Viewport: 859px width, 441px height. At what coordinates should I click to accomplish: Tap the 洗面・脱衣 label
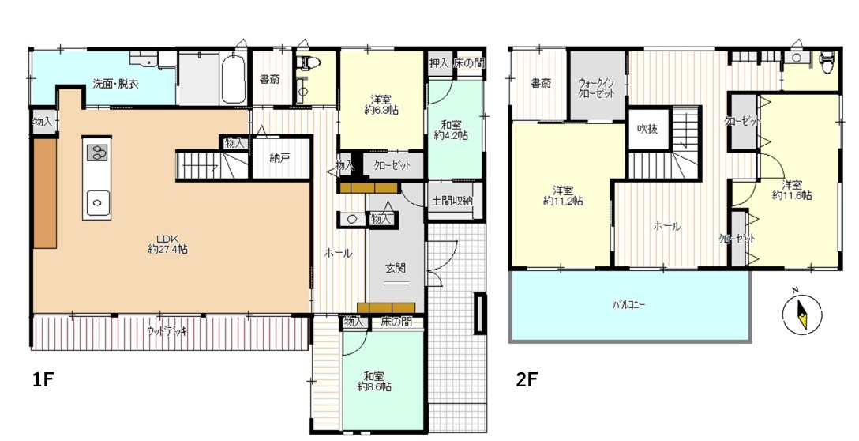click(x=115, y=84)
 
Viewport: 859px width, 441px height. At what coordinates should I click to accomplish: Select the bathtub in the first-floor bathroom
click(x=234, y=78)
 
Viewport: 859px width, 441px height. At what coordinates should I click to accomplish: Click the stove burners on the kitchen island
click(x=97, y=153)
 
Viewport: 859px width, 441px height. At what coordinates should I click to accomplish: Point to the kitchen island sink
click(x=97, y=203)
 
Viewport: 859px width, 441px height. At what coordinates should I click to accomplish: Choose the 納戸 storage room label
click(x=279, y=158)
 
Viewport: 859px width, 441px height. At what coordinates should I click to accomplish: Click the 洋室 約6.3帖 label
click(x=381, y=104)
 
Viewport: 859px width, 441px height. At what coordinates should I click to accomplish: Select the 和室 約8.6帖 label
click(x=374, y=381)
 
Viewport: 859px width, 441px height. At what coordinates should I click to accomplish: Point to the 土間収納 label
click(x=452, y=202)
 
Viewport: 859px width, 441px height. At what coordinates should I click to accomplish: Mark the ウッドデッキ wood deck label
click(x=167, y=330)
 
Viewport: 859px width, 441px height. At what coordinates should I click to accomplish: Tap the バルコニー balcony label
click(x=629, y=304)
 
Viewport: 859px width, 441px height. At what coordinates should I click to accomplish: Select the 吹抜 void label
click(x=647, y=129)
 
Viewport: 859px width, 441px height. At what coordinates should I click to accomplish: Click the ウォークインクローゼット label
click(x=597, y=88)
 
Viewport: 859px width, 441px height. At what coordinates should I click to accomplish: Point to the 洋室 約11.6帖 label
click(x=792, y=189)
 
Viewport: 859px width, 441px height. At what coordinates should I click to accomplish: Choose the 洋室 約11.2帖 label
click(x=563, y=196)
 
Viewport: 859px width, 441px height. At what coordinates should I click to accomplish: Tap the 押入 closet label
click(x=438, y=63)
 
